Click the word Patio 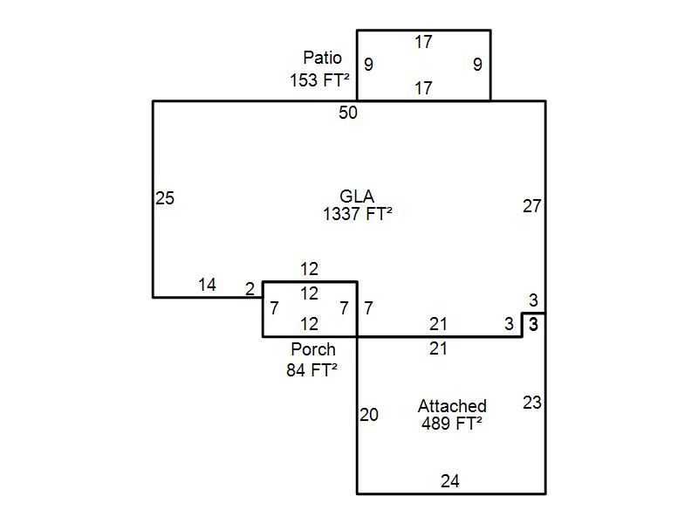(322, 58)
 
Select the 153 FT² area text (320, 79)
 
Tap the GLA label (357, 196)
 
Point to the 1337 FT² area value (357, 212)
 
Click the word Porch (312, 349)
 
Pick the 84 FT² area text (311, 369)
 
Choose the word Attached (452, 406)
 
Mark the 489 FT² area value (452, 424)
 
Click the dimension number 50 (348, 113)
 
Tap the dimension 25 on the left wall (165, 198)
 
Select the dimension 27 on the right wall (532, 206)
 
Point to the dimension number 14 (207, 285)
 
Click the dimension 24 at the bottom (450, 480)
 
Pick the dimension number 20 (369, 415)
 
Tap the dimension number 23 (532, 403)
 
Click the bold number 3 (534, 324)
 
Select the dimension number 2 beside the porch (250, 288)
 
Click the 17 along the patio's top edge (423, 41)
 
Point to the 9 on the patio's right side (477, 64)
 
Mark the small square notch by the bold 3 (534, 324)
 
